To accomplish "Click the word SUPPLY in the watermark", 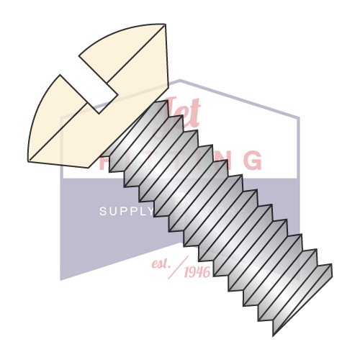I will click(126, 212).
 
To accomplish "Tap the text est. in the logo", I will click(159, 264).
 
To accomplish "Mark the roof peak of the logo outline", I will click(180, 80).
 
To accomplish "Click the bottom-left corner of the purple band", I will click(61, 279).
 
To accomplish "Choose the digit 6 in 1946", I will click(207, 273).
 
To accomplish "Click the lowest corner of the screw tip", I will click(274, 336).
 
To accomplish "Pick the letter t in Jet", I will click(194, 114).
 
